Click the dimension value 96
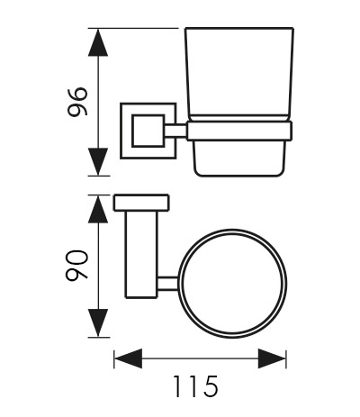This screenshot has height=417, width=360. (x=77, y=102)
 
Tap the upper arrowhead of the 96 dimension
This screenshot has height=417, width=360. (x=98, y=42)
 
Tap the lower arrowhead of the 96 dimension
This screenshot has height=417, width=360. (x=98, y=162)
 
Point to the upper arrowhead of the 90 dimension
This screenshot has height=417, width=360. (x=98, y=210)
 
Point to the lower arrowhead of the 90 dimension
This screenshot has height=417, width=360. (x=98, y=322)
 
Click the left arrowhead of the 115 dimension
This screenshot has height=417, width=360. (x=129, y=358)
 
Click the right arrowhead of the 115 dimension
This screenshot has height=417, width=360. (x=272, y=358)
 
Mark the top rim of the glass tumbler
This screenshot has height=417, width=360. (x=239, y=29)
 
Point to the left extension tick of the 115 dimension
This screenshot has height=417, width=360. (x=114, y=358)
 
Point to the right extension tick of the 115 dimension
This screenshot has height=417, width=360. (x=286, y=358)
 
